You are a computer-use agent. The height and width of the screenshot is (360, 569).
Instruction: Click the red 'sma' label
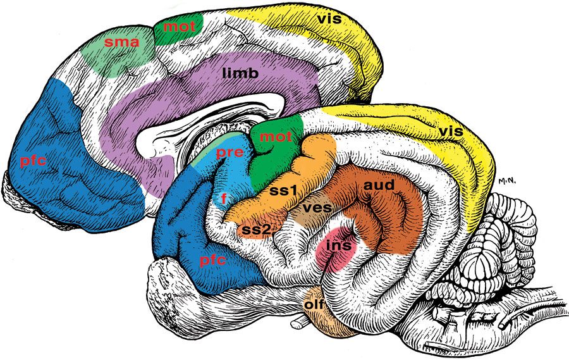tap(121, 42)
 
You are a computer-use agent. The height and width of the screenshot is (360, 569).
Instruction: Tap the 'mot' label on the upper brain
tap(180, 27)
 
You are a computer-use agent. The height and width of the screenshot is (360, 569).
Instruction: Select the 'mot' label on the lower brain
tap(276, 137)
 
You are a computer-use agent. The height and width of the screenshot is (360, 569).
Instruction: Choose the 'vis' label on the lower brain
tap(451, 131)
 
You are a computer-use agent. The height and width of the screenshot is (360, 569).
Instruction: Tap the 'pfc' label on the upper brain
tap(34, 160)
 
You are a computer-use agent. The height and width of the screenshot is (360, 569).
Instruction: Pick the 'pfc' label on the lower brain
tap(212, 260)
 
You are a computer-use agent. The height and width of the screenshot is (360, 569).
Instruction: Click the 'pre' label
tap(229, 152)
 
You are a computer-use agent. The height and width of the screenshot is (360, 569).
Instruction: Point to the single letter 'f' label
tap(224, 198)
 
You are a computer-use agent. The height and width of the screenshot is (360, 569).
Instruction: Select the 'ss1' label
tap(283, 190)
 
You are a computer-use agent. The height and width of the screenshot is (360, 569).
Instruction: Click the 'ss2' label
tap(256, 229)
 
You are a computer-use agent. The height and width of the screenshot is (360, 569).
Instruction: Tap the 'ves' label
tap(317, 208)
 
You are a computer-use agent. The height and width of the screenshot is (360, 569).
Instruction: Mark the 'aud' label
tap(379, 185)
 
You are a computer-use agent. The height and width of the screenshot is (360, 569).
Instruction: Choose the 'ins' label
tap(339, 245)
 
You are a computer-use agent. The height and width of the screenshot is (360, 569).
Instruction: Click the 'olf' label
tap(314, 304)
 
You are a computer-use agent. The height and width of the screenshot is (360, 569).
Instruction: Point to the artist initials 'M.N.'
tap(507, 181)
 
